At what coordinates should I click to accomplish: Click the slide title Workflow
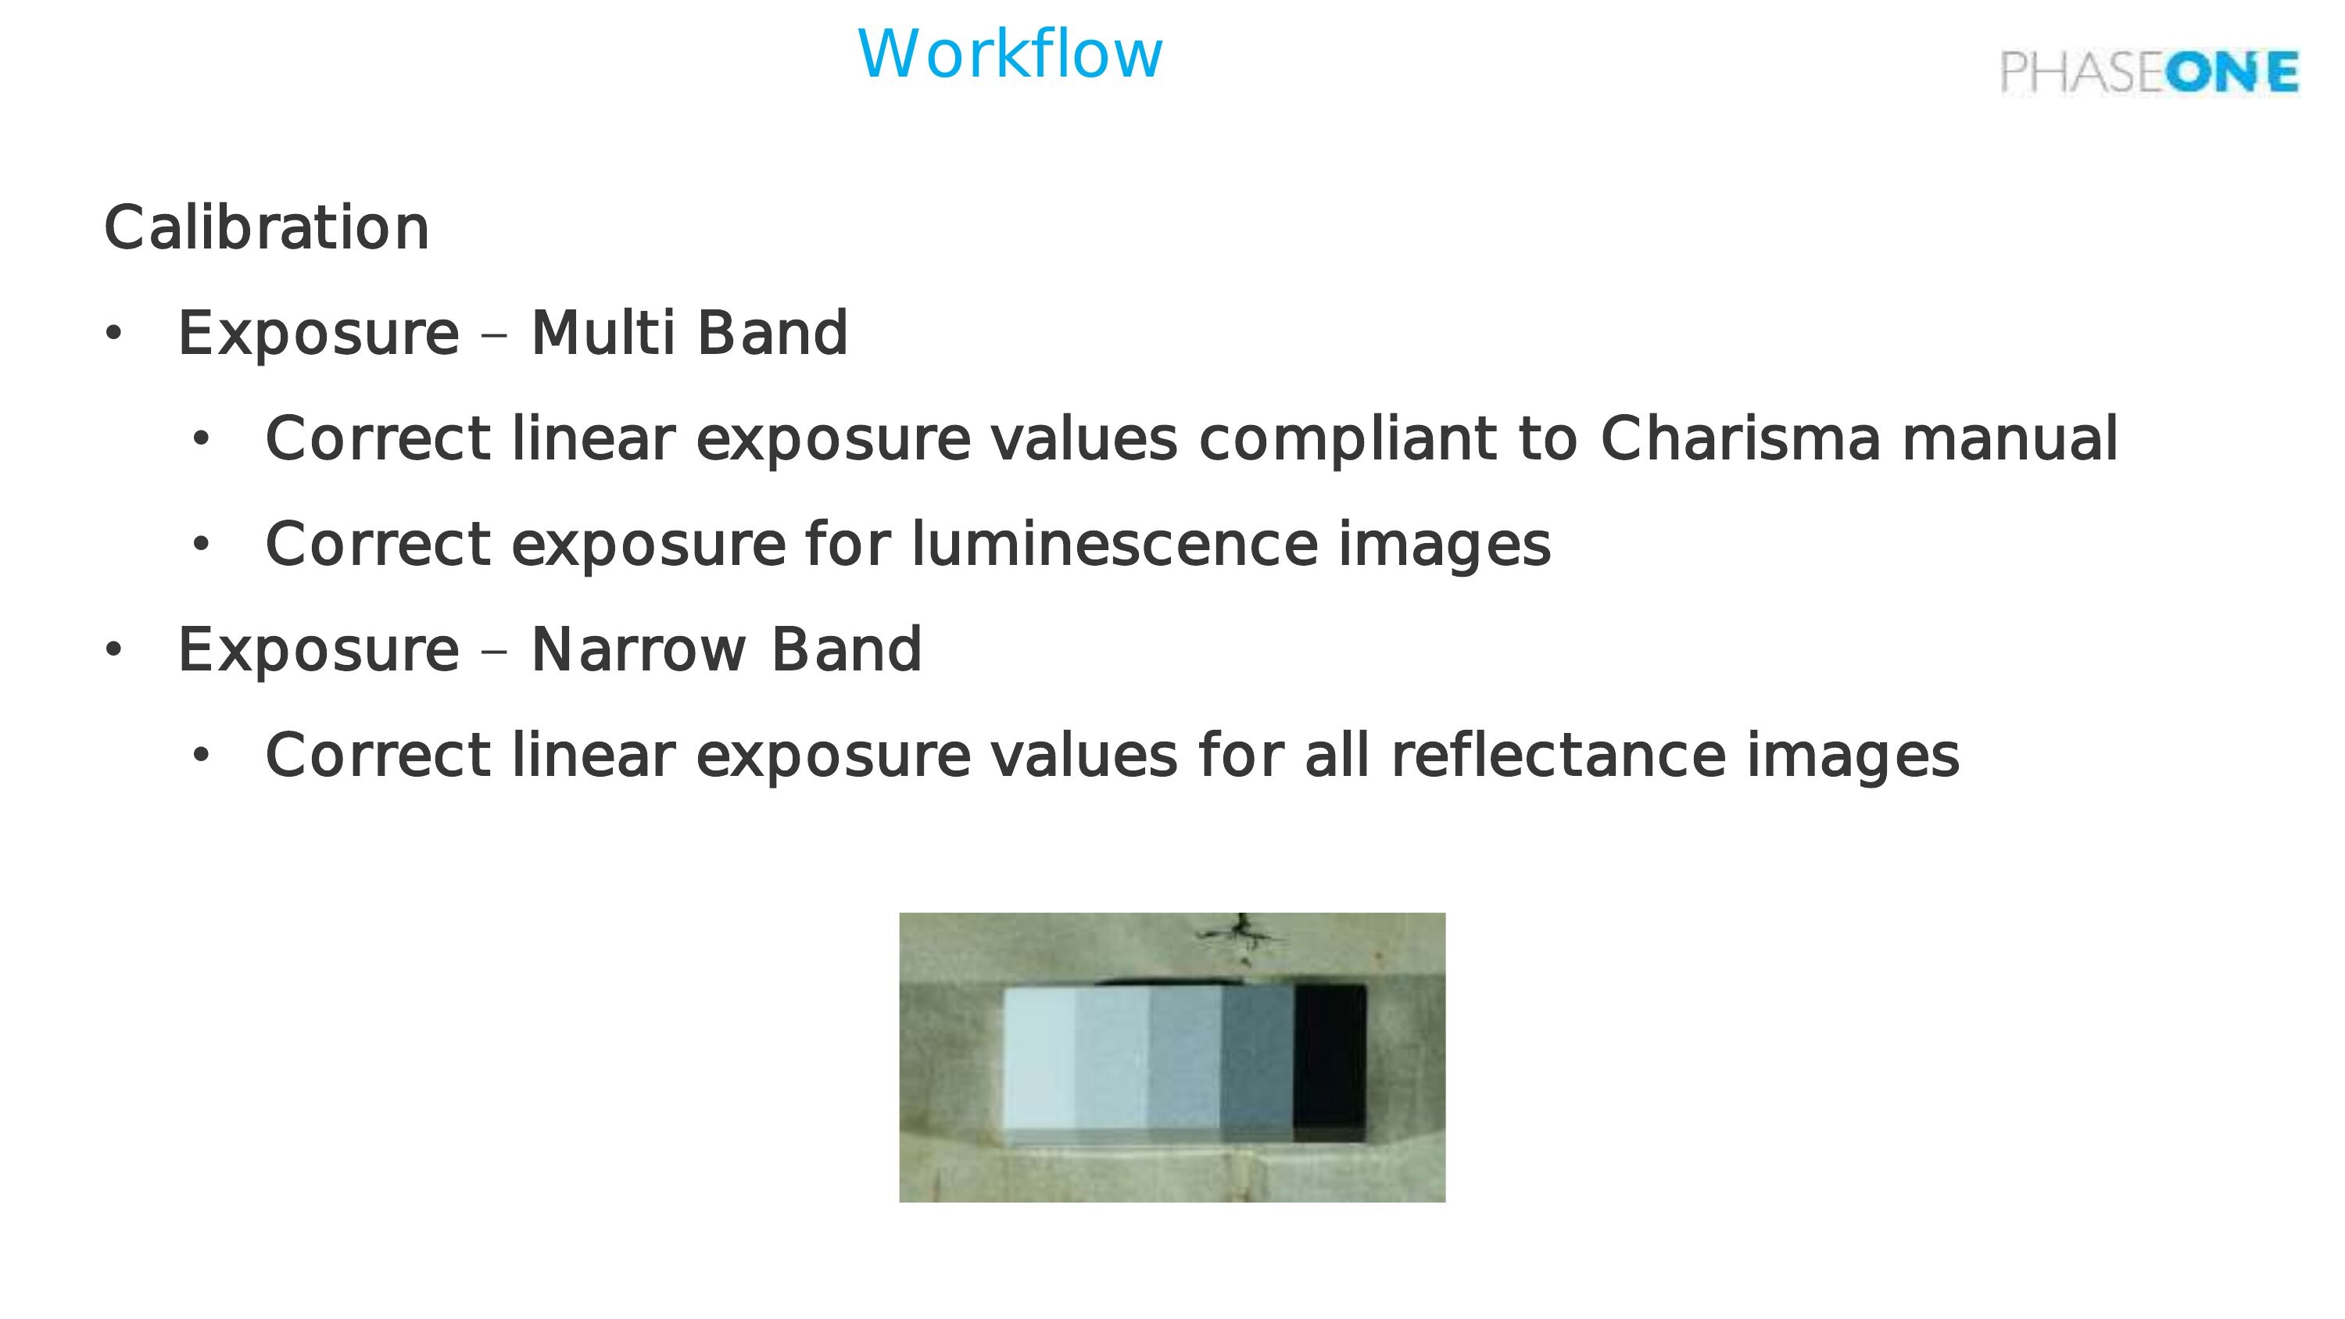(x=1011, y=54)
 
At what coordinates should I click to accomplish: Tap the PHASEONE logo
(x=2150, y=72)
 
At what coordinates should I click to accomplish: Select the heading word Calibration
(x=267, y=227)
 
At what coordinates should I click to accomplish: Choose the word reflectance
(x=1559, y=755)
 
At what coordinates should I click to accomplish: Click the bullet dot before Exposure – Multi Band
(x=113, y=334)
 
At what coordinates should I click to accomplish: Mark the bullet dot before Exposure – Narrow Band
(x=113, y=650)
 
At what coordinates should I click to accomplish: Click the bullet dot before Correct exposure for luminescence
(x=201, y=545)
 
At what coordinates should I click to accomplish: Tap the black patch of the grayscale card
(x=1330, y=1061)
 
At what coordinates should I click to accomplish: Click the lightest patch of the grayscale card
(x=1039, y=1061)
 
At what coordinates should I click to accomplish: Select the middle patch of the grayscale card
(x=1184, y=1061)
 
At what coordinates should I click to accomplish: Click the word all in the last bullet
(x=1337, y=755)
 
